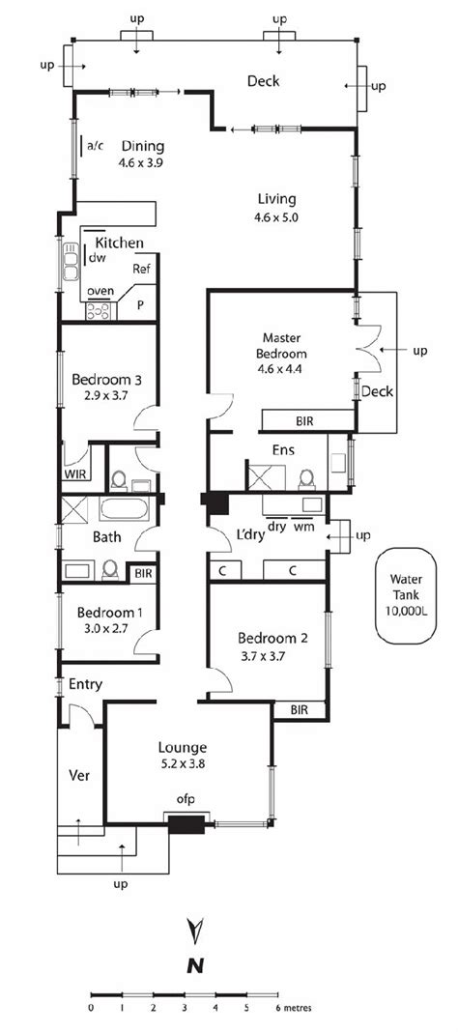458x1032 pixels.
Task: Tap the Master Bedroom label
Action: (x=282, y=345)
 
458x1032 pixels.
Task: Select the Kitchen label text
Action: (x=120, y=243)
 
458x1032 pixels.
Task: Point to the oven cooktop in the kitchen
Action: (x=100, y=310)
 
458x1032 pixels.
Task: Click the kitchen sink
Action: (x=71, y=262)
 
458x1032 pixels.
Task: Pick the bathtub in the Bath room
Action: (x=121, y=510)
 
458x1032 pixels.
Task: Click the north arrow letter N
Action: (x=196, y=964)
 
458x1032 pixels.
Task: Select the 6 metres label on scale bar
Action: (x=293, y=1007)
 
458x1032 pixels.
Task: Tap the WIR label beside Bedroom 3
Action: (x=75, y=475)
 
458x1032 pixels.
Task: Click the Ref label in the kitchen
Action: (x=141, y=269)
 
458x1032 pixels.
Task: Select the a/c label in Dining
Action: (x=96, y=146)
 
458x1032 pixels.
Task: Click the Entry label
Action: (x=86, y=684)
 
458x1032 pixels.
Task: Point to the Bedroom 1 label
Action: (x=109, y=612)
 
